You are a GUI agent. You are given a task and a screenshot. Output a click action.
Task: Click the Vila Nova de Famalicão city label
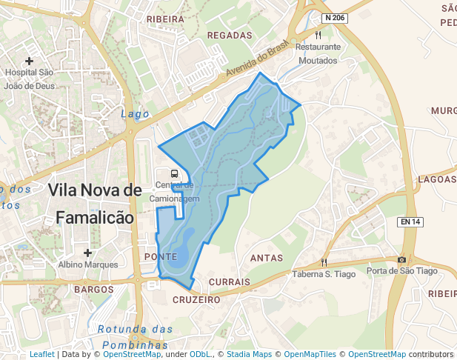pyautogui.click(x=94, y=204)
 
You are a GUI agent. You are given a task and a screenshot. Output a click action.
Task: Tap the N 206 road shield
pyautogui.click(x=335, y=17)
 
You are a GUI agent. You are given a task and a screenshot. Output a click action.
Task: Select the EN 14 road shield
pyautogui.click(x=410, y=221)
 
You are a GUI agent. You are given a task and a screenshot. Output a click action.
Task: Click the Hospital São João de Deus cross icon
pyautogui.click(x=29, y=61)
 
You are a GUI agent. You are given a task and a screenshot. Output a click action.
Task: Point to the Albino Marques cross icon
pyautogui.click(x=87, y=253)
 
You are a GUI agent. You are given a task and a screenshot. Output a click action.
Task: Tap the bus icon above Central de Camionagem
pyautogui.click(x=174, y=173)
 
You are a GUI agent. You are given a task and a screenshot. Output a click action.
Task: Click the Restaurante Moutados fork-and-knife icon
pyautogui.click(x=318, y=34)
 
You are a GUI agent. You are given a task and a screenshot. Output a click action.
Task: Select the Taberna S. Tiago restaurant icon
pyautogui.click(x=324, y=262)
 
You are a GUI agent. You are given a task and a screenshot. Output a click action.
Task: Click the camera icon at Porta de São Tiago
pyautogui.click(x=401, y=259)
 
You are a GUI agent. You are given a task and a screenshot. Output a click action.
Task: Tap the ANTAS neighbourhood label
pyautogui.click(x=267, y=258)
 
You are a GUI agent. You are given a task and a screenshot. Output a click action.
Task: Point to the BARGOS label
pyautogui.click(x=93, y=289)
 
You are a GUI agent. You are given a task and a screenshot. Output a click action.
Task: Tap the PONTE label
pyautogui.click(x=160, y=256)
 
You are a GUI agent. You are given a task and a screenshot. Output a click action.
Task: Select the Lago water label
pyautogui.click(x=135, y=114)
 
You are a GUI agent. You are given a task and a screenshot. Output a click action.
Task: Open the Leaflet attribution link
pyautogui.click(x=41, y=354)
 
